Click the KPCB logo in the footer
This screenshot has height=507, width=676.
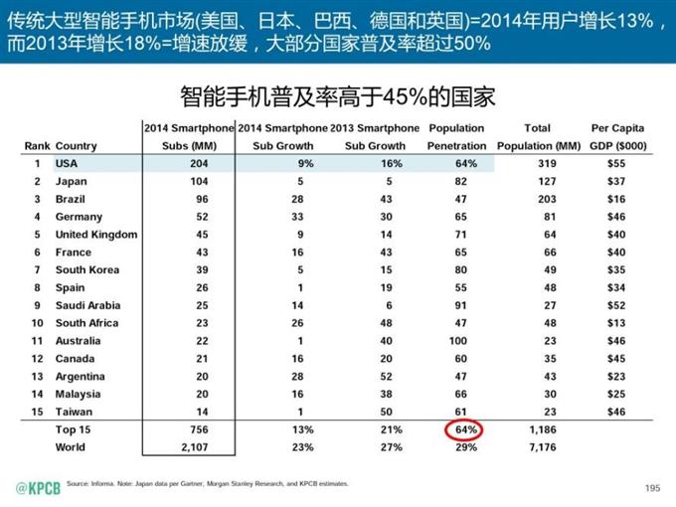point(37,488)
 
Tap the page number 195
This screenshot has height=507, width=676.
point(652,487)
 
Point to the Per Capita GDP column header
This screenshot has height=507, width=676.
point(617,136)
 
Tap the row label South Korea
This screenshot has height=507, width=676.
point(87,269)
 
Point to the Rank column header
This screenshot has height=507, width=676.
point(37,146)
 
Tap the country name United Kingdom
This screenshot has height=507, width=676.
point(96,235)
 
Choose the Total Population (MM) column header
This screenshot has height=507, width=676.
point(538,136)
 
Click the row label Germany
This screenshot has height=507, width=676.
point(79,217)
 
